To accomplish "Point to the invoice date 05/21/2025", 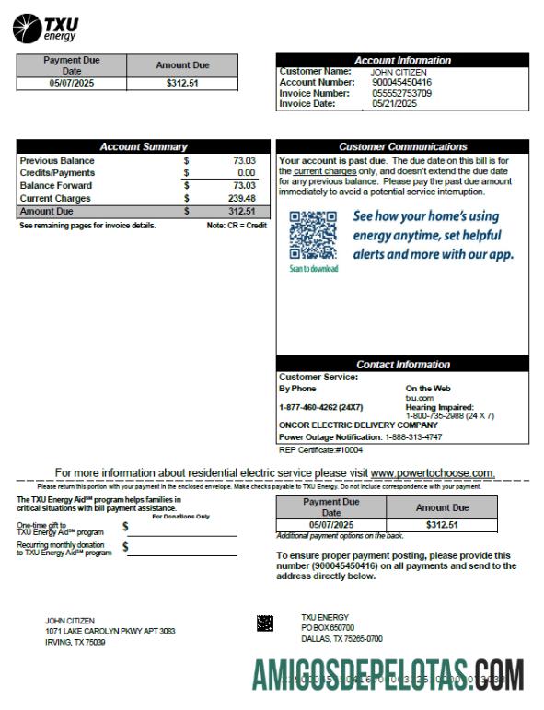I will pyautogui.click(x=395, y=103).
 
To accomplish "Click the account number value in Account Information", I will pyautogui.click(x=400, y=82).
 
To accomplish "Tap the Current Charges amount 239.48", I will pyautogui.click(x=239, y=198).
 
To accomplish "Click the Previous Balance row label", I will pyautogui.click(x=57, y=161).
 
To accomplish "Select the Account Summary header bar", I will pyautogui.click(x=143, y=147).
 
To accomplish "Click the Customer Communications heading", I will pyautogui.click(x=402, y=147).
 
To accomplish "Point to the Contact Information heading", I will pyautogui.click(x=402, y=365).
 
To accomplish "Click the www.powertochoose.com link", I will pyautogui.click(x=432, y=472).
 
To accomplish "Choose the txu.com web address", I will pyautogui.click(x=419, y=398).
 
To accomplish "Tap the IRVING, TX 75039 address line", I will pyautogui.click(x=75, y=642).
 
